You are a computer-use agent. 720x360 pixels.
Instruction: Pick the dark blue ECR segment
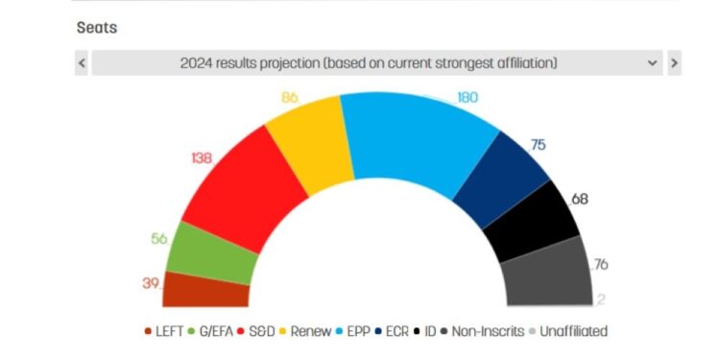tap(498, 179)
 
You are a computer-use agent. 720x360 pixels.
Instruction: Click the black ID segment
tap(533, 222)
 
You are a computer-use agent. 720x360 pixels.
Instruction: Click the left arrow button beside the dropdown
tap(82, 63)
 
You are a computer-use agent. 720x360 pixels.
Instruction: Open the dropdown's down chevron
tap(653, 63)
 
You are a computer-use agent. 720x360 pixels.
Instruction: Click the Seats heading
tap(97, 28)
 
